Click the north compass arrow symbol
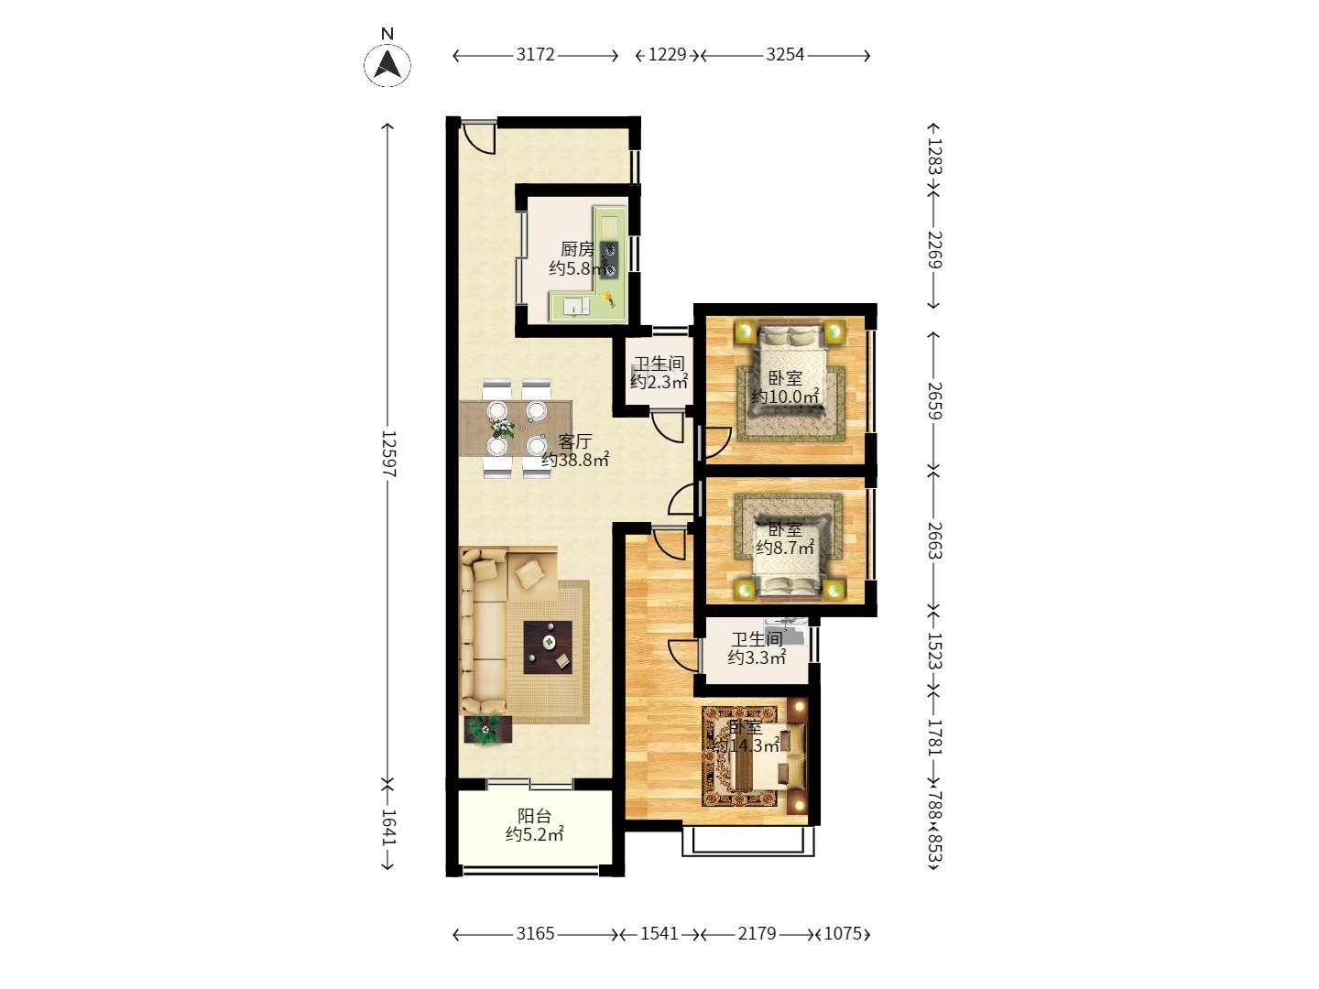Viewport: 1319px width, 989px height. click(x=387, y=65)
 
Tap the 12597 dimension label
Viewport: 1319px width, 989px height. click(x=388, y=453)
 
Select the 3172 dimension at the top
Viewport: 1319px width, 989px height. click(x=535, y=55)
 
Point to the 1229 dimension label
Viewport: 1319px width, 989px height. click(x=667, y=55)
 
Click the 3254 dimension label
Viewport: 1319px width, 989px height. click(x=785, y=55)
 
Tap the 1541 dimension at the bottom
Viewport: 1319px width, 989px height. click(x=659, y=934)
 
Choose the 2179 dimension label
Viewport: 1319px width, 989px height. click(x=758, y=934)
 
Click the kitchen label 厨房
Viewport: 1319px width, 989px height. click(x=577, y=248)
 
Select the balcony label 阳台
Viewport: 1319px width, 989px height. click(x=534, y=815)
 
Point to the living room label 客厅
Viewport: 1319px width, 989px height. click(x=575, y=441)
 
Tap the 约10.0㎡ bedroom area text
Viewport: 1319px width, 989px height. click(x=785, y=397)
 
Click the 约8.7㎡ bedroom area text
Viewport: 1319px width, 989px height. click(x=785, y=547)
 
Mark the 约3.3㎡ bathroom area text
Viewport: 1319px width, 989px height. click(x=757, y=658)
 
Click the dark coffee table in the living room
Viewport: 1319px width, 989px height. click(x=548, y=647)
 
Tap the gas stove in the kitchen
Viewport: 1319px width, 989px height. click(x=610, y=259)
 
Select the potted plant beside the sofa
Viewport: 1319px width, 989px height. click(x=485, y=728)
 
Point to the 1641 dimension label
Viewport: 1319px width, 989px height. click(x=388, y=828)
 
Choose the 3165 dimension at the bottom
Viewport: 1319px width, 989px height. click(x=535, y=934)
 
